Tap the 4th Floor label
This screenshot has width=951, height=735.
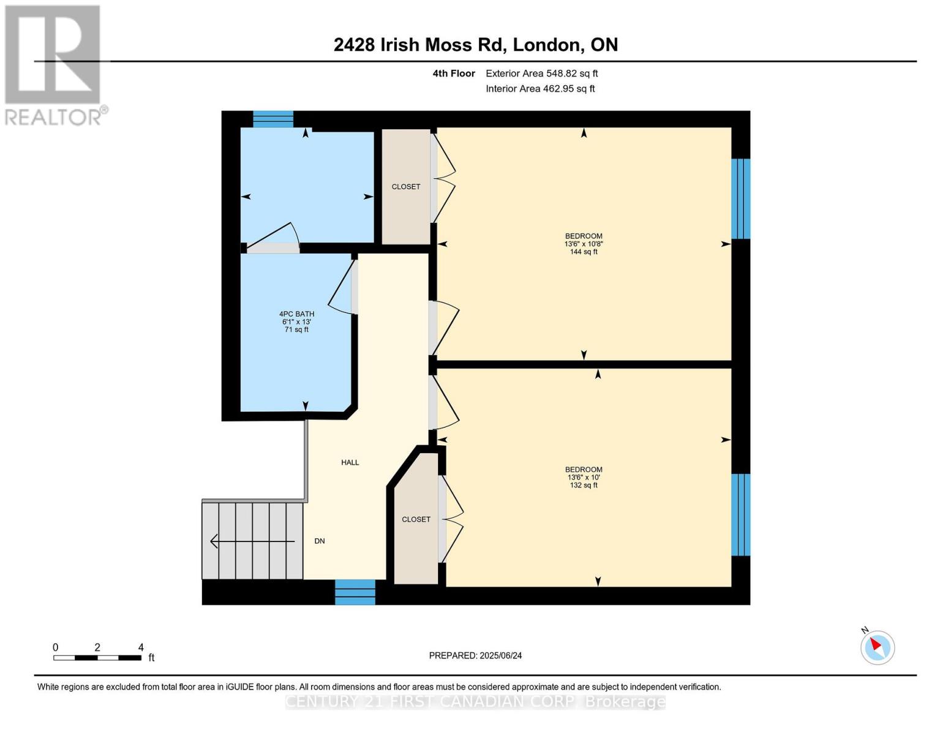[454, 73]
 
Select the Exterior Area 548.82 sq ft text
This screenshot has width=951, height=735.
[541, 73]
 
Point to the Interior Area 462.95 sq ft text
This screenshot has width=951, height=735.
[540, 89]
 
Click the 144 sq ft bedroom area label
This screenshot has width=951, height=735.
[583, 252]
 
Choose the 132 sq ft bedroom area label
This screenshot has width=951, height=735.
[583, 485]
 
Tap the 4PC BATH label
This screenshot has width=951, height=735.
[296, 314]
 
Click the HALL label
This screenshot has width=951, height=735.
[350, 462]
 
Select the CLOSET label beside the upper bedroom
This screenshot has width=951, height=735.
[405, 187]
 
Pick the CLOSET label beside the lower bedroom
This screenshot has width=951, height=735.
[416, 519]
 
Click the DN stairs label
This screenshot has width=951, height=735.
[320, 541]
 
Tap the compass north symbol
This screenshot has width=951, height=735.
[877, 647]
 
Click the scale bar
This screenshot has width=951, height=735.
[97, 658]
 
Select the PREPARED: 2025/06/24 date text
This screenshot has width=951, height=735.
[475, 655]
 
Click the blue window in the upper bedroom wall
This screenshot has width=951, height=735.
[740, 198]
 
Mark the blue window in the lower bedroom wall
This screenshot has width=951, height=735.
[740, 514]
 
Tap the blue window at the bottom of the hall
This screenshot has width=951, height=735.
[355, 592]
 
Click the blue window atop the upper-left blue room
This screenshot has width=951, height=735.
[273, 119]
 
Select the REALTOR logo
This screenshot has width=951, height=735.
[54, 64]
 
